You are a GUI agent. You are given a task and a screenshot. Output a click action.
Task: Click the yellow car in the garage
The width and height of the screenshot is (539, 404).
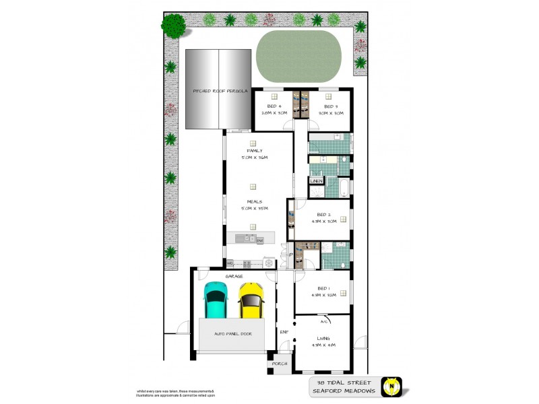[x=251, y=300]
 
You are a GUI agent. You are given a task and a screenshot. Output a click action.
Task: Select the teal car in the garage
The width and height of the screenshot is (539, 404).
[x=216, y=300]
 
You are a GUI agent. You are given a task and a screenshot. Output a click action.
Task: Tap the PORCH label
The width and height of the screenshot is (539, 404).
[x=279, y=364]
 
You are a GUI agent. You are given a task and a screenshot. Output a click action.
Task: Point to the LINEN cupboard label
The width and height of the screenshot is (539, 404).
[x=315, y=180]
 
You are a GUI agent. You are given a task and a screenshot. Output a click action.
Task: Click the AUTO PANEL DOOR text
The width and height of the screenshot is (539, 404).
[x=233, y=333]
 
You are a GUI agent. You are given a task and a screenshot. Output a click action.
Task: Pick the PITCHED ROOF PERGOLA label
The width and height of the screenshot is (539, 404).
[x=220, y=90]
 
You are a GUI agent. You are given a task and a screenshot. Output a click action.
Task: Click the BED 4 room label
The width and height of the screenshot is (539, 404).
[x=274, y=106]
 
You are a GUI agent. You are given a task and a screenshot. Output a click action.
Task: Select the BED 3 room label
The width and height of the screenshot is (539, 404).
[x=330, y=106]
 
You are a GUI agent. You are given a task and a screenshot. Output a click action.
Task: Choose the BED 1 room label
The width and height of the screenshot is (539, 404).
[x=323, y=288]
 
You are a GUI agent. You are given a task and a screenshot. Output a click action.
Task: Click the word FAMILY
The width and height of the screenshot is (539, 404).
[x=255, y=151]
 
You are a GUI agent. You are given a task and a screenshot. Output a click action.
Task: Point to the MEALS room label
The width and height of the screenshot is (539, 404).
[x=255, y=201]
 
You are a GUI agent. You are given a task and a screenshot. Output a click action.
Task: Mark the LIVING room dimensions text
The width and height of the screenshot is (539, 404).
[x=323, y=345]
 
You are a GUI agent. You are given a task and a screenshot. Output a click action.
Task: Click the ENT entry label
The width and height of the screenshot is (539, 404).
[x=284, y=332]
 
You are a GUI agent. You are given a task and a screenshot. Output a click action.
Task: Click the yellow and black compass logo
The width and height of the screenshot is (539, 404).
[x=391, y=386]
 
